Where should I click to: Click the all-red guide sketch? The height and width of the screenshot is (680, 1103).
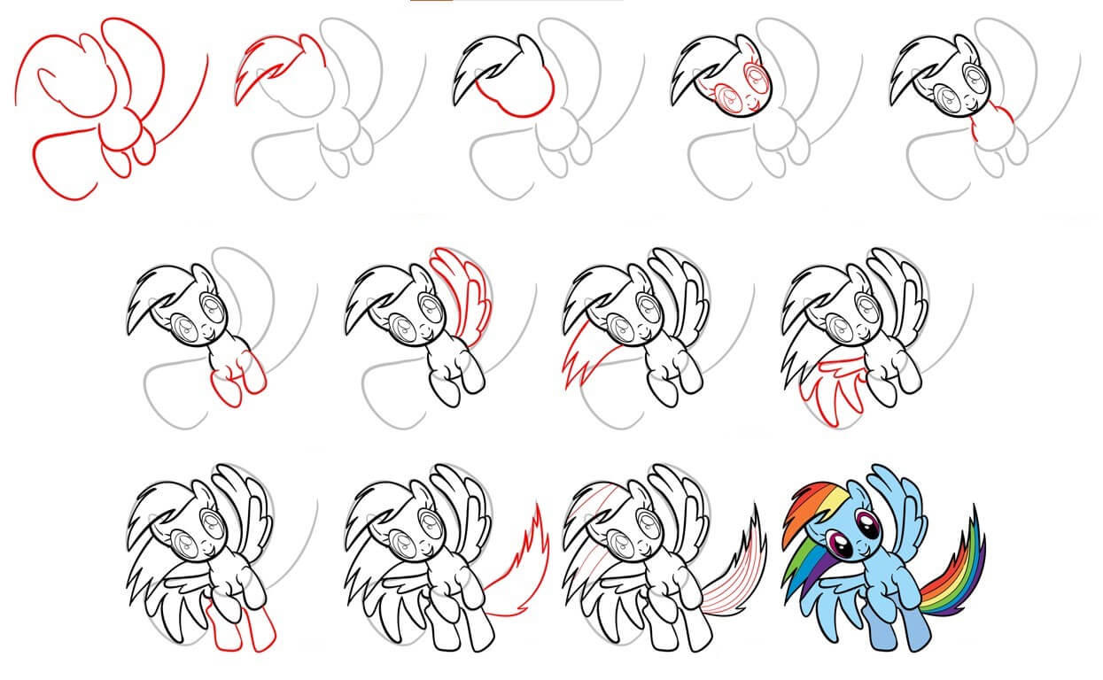coord(106,106)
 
